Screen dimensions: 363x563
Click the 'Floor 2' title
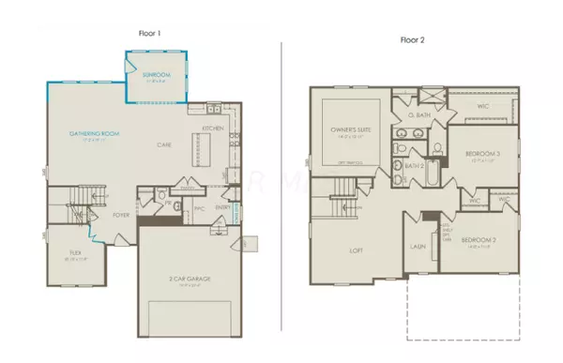pyautogui.click(x=414, y=42)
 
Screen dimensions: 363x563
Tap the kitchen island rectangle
pyautogui.click(x=198, y=147)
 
